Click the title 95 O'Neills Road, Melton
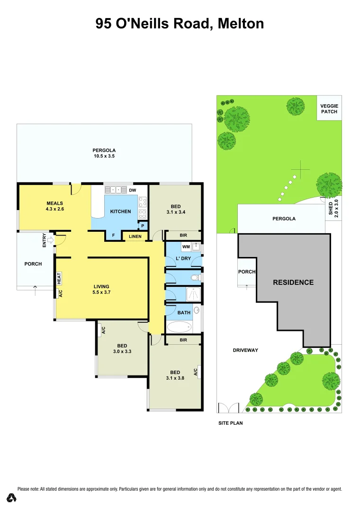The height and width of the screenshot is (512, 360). point(180,23)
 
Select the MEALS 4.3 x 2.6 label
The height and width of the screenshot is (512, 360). point(55,206)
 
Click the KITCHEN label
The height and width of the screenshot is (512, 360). point(120,211)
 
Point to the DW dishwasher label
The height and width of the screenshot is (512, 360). point(132,191)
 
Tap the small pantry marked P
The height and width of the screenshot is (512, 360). point(142,226)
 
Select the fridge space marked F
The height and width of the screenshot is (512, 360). point(113,235)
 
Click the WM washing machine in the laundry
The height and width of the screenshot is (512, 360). point(185,247)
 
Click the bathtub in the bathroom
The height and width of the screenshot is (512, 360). point(180,327)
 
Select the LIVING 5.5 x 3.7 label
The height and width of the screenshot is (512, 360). point(101,289)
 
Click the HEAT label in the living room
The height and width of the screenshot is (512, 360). point(59,278)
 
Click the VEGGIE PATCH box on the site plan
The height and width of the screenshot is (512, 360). point(329,108)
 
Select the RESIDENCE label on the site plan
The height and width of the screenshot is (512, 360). point(293,282)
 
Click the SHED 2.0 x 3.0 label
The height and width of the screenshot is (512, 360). point(333,208)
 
